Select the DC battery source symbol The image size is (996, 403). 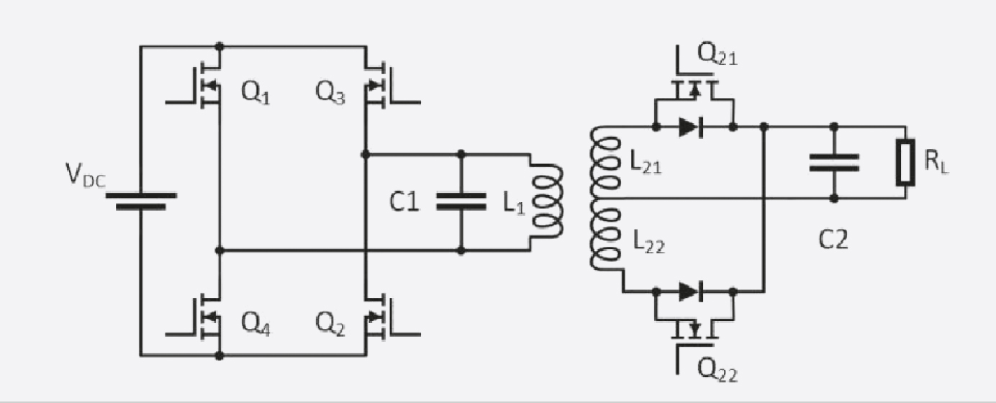click(x=141, y=201)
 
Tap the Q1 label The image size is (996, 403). click(x=255, y=93)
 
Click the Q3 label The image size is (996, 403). click(x=330, y=93)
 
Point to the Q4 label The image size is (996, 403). click(x=255, y=323)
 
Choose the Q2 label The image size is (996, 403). click(x=330, y=323)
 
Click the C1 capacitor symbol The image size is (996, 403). click(x=461, y=201)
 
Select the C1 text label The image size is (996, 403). click(x=404, y=201)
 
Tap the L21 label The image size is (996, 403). click(x=646, y=162)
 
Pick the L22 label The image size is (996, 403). click(x=648, y=243)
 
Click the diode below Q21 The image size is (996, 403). click(x=691, y=127)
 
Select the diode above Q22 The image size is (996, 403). click(x=691, y=291)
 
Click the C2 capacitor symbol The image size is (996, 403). click(x=834, y=163)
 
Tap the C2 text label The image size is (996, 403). click(x=833, y=240)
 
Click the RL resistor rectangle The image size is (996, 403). click(x=906, y=162)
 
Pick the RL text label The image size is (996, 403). click(x=936, y=161)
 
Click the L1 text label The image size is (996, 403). click(x=514, y=204)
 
